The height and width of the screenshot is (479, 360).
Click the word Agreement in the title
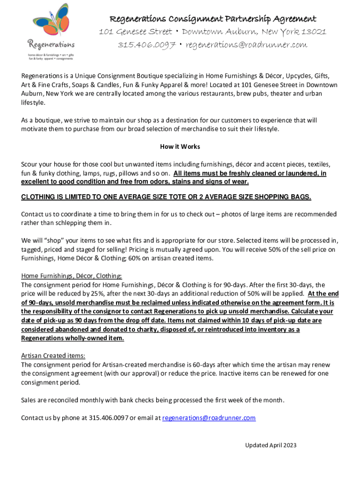click(x=292, y=19)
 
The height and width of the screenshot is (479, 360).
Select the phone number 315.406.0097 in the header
click(x=146, y=45)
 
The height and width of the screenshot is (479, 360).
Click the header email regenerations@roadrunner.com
click(x=246, y=45)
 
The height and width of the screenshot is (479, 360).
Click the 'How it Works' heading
click(x=180, y=146)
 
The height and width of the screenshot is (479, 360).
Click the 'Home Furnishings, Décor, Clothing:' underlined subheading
click(x=72, y=276)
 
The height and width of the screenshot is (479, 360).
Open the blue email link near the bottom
click(x=209, y=418)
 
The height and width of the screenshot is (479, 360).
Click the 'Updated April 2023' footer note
click(x=271, y=445)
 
